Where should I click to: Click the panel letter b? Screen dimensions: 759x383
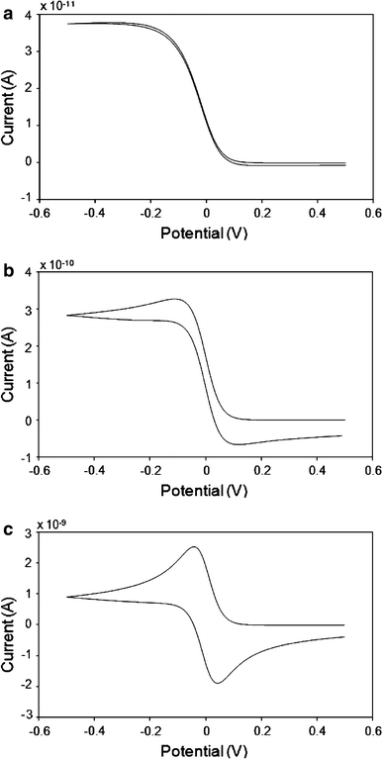[7, 264]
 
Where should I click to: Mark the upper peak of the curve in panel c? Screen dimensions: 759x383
[194, 546]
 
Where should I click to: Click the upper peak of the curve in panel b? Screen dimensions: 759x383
[178, 298]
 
